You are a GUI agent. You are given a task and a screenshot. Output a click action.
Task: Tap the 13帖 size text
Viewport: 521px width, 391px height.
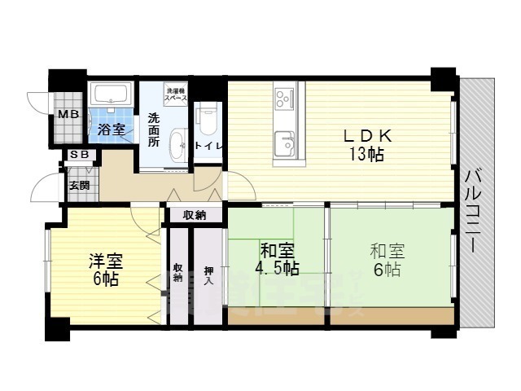(x=369, y=155)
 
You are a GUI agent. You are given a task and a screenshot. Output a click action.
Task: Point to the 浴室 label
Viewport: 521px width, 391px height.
(x=111, y=129)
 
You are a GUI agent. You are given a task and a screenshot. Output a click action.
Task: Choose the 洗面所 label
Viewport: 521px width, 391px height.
(x=153, y=129)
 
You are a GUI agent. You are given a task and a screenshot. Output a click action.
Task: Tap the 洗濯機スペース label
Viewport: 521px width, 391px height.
(x=177, y=94)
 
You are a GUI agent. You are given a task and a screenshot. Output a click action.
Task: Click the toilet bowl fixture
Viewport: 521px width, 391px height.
(x=205, y=120)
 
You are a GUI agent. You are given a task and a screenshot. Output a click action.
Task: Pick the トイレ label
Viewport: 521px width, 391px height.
(x=208, y=146)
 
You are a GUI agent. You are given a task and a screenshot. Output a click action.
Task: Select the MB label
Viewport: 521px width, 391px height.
(x=67, y=115)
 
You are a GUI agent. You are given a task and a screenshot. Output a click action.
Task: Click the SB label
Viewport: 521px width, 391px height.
(x=79, y=155)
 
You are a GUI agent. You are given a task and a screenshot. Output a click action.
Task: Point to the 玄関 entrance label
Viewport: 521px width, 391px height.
(x=79, y=185)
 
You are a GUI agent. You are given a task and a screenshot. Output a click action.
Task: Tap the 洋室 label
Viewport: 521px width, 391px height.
(x=105, y=261)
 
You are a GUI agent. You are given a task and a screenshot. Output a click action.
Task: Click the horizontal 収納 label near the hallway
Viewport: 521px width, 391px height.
(x=194, y=215)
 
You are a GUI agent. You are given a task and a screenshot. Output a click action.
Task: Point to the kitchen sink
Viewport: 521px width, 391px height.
(x=285, y=142)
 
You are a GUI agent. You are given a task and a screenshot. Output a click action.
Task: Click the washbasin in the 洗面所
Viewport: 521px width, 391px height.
(x=176, y=147)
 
